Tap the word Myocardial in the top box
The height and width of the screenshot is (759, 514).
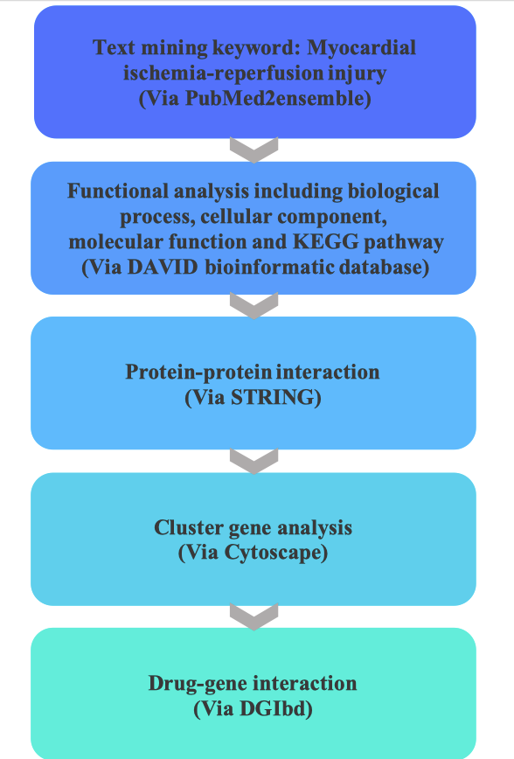click(362, 48)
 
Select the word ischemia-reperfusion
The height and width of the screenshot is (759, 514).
click(223, 73)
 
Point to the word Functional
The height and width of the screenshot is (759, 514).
click(118, 191)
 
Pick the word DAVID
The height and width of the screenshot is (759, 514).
click(163, 268)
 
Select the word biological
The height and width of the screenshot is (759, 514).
click(393, 191)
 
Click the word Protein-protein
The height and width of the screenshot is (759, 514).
click(198, 373)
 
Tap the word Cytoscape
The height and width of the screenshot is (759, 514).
click(272, 553)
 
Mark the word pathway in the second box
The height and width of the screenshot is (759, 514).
click(404, 242)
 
